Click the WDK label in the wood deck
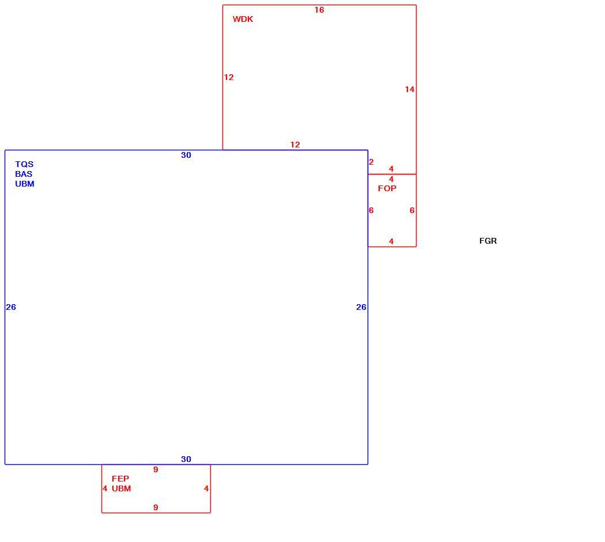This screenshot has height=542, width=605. pyautogui.click(x=243, y=19)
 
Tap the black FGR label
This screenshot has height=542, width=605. pyautogui.click(x=487, y=241)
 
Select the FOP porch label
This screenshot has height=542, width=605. pyautogui.click(x=387, y=188)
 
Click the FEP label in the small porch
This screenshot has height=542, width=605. pyautogui.click(x=120, y=478)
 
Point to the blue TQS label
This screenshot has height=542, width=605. pyautogui.click(x=24, y=164)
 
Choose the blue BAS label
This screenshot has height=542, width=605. pyautogui.click(x=24, y=174)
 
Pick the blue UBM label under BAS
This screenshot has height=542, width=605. pyautogui.click(x=25, y=184)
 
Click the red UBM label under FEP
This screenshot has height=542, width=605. pyautogui.click(x=121, y=488)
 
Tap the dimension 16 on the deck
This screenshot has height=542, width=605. pyautogui.click(x=319, y=10)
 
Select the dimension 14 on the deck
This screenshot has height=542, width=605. pyautogui.click(x=409, y=89)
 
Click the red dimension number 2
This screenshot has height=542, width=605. pyautogui.click(x=371, y=162)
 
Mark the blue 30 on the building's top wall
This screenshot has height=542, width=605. pyautogui.click(x=186, y=155)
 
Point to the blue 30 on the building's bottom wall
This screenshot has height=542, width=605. pyautogui.click(x=186, y=459)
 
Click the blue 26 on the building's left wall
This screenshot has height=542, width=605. pyautogui.click(x=11, y=307)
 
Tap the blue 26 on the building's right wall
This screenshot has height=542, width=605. pyautogui.click(x=361, y=307)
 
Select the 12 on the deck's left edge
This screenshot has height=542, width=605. pyautogui.click(x=229, y=77)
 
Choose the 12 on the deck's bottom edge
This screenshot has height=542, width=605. pyautogui.click(x=295, y=145)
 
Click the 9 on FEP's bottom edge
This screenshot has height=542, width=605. pyautogui.click(x=156, y=507)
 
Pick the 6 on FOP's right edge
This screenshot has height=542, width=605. pyautogui.click(x=412, y=210)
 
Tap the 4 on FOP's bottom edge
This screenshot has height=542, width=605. pyautogui.click(x=391, y=241)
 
